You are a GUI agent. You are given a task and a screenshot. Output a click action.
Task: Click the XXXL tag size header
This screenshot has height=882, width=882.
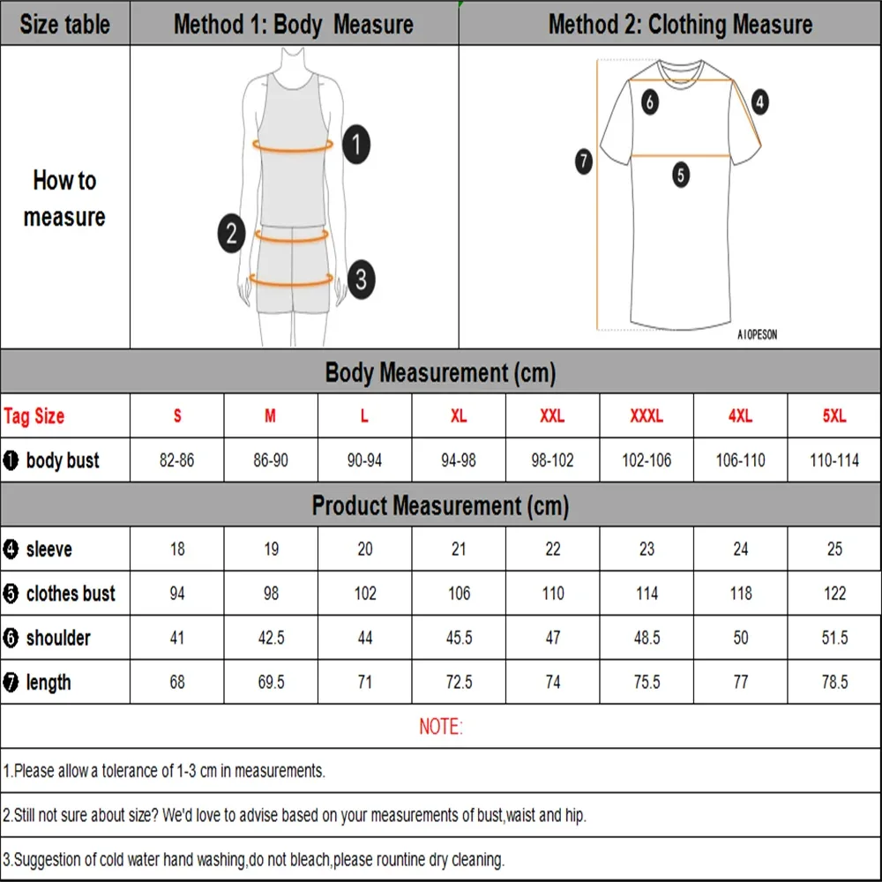[x=647, y=416]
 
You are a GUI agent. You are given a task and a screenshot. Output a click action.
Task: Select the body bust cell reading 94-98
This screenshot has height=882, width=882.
[x=459, y=460]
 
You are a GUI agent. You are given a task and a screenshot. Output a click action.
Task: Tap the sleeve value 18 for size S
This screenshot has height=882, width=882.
[x=177, y=549]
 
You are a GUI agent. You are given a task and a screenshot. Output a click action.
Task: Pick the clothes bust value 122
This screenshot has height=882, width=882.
[x=834, y=594]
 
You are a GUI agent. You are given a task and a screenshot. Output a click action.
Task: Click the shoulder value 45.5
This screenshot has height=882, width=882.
[x=459, y=638]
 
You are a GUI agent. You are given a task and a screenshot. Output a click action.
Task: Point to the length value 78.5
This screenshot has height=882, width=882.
[x=834, y=682]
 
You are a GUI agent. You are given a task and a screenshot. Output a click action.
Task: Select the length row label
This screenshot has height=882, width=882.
[x=48, y=682]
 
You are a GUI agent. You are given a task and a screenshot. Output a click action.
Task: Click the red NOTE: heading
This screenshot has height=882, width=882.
[x=440, y=727]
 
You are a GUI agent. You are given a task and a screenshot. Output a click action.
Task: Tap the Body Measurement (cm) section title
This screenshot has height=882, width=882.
[x=440, y=372]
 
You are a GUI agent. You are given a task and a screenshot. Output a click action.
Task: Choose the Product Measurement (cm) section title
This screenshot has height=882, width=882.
[x=440, y=505]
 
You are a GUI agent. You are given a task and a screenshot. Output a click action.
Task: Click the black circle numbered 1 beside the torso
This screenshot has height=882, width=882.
[x=355, y=144]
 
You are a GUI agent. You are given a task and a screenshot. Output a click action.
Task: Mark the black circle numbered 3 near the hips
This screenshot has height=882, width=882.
[x=360, y=280]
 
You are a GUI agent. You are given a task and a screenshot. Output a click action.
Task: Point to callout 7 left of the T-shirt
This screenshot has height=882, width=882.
[x=583, y=161]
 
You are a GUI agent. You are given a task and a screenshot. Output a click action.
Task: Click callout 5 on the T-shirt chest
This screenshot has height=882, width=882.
[x=681, y=175]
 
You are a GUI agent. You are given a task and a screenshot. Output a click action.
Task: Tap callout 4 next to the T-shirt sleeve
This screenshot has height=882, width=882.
[x=759, y=102]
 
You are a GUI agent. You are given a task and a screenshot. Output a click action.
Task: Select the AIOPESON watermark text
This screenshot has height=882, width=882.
[x=757, y=335]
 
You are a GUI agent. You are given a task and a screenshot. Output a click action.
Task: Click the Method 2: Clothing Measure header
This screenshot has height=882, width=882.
[x=680, y=24]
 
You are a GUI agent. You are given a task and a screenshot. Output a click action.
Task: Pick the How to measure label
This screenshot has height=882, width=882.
[x=64, y=198]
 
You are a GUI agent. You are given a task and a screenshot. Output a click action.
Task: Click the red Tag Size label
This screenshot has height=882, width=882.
[x=34, y=416]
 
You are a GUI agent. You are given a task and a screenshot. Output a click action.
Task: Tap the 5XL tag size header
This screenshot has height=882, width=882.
[x=834, y=416]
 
